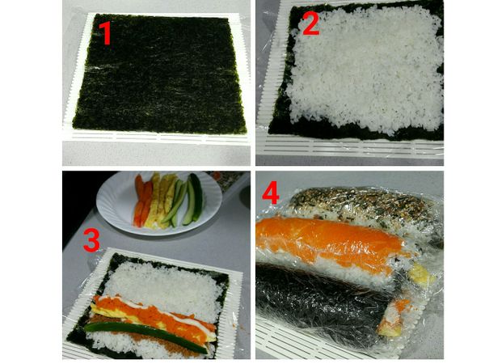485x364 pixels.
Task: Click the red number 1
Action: [105, 34]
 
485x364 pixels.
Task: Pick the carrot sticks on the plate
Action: [141, 206]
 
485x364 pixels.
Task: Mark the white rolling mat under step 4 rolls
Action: [307, 349]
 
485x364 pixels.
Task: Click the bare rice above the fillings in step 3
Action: [170, 283]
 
